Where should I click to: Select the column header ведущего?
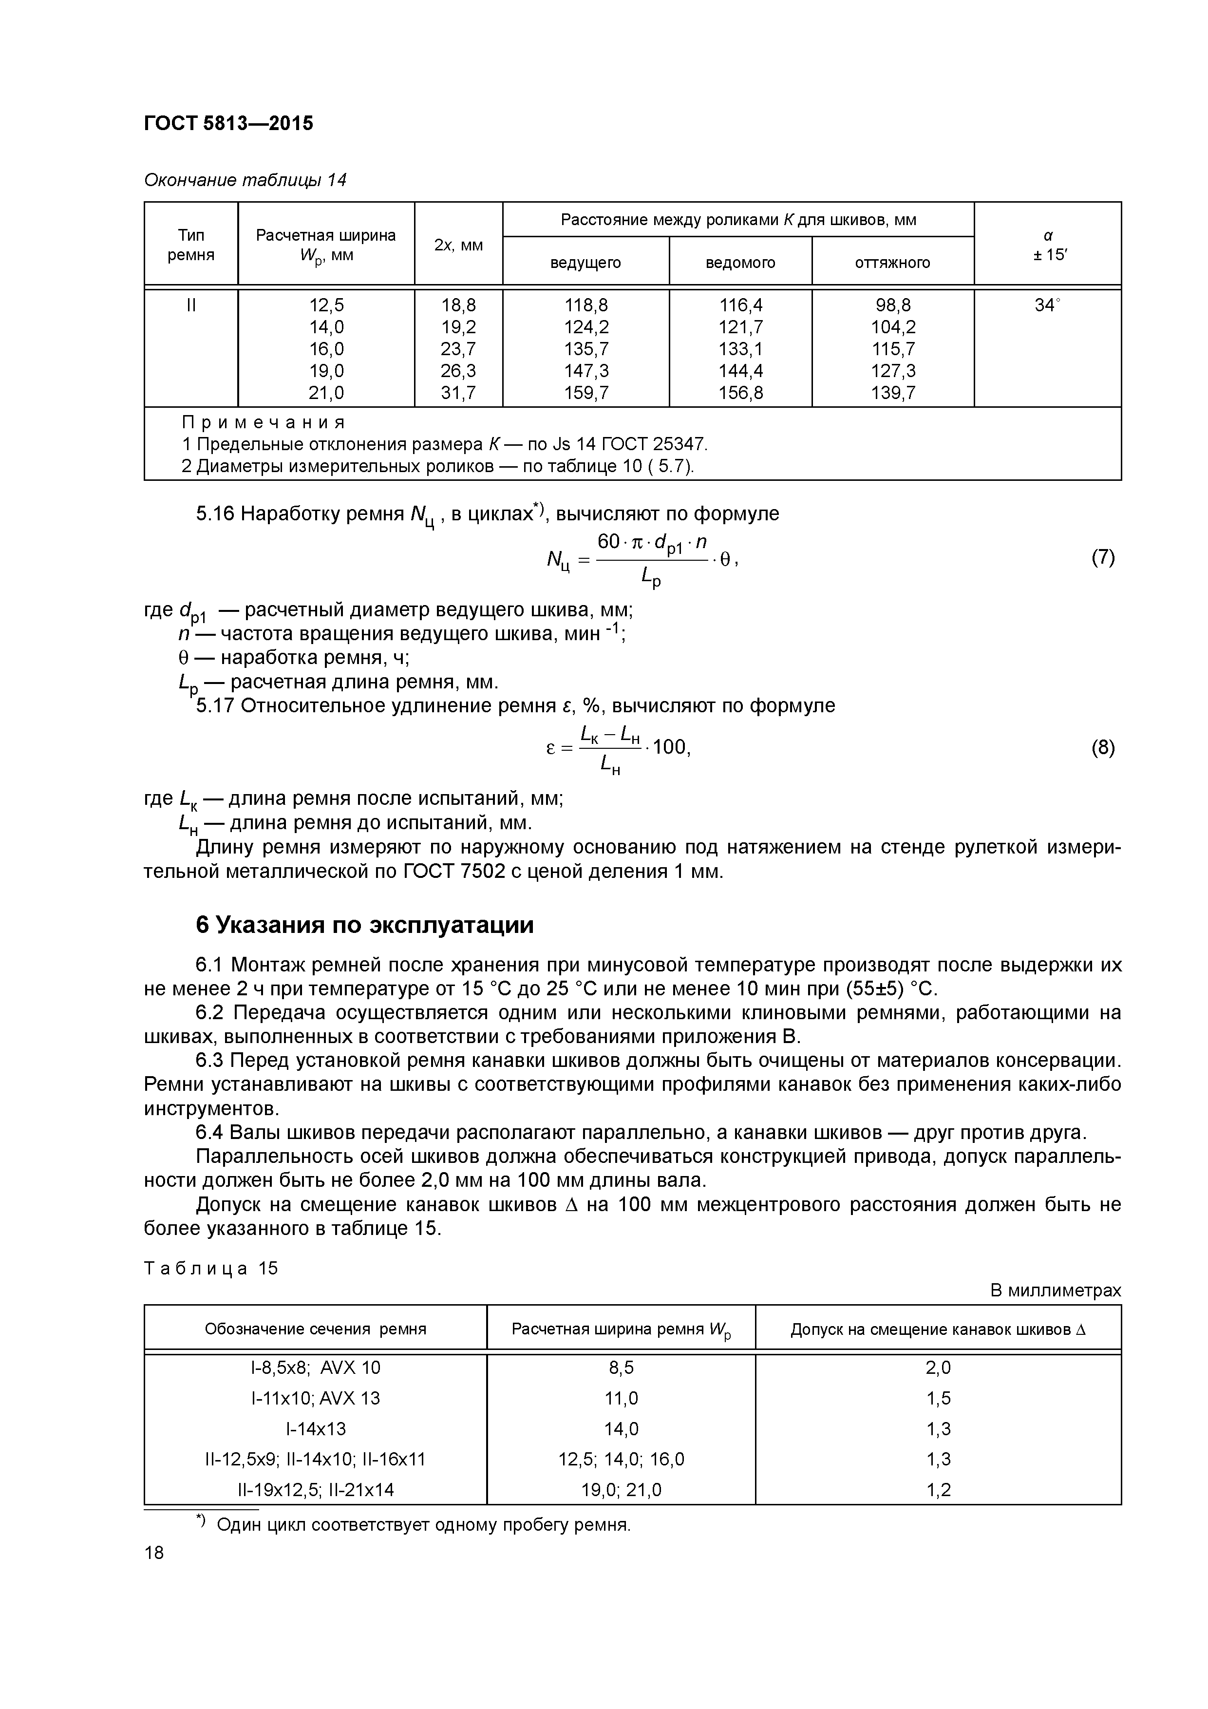point(586,263)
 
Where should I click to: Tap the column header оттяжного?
point(892,263)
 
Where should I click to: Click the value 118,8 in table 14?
point(586,305)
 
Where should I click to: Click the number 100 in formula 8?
point(670,747)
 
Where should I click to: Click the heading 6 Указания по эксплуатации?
point(365,925)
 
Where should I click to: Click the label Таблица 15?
point(210,1268)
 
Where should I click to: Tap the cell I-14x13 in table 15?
point(316,1428)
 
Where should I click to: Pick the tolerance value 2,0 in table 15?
point(939,1367)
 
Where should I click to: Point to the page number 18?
point(154,1553)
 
